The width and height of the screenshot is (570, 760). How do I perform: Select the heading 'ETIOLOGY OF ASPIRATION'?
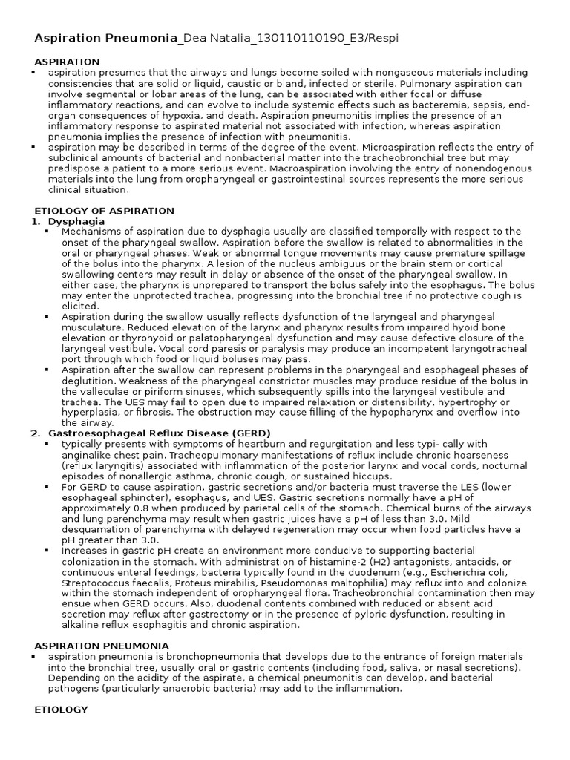105,211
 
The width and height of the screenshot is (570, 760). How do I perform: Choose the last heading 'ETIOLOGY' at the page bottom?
62,710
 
